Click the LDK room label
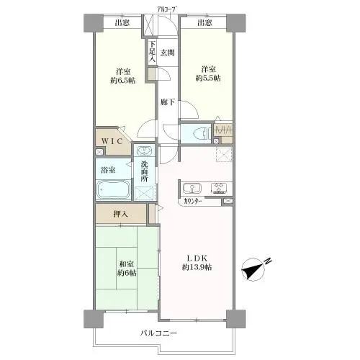197,258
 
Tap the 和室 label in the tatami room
127,264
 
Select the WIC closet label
112,141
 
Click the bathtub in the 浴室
114,189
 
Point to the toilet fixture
202,133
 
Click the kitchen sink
192,188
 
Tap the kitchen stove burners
219,188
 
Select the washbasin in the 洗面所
144,151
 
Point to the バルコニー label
158,333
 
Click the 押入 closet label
120,214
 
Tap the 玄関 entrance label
167,53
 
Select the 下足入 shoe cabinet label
153,52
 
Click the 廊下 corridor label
168,102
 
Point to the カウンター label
193,202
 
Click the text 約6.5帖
123,80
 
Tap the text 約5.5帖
208,78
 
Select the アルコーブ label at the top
168,10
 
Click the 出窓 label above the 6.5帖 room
122,23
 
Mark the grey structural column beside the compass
235,319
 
